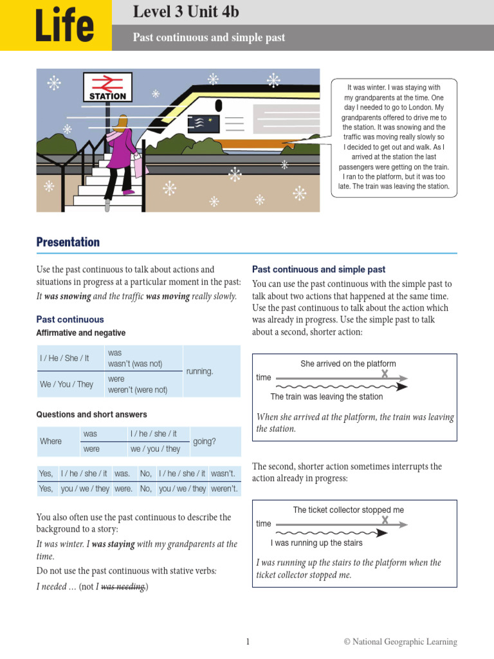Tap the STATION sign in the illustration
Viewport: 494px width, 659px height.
pyautogui.click(x=107, y=96)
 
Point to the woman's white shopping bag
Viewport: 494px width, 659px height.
pyautogui.click(x=138, y=167)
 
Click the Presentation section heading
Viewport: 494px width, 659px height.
pyautogui.click(x=68, y=242)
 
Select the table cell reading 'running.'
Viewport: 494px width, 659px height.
pyautogui.click(x=199, y=371)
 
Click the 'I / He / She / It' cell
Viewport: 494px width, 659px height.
pyautogui.click(x=64, y=358)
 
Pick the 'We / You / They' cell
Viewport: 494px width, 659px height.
pyautogui.click(x=66, y=384)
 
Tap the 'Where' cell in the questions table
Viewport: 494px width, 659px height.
pyautogui.click(x=51, y=441)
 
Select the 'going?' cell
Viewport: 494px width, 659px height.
pyautogui.click(x=205, y=441)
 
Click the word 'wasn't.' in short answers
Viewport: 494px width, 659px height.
pyautogui.click(x=223, y=474)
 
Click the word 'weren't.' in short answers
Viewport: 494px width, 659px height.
pyautogui.click(x=224, y=488)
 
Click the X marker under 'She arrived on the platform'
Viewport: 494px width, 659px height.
pyautogui.click(x=385, y=374)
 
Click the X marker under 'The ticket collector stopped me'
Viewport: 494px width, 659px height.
pyautogui.click(x=385, y=520)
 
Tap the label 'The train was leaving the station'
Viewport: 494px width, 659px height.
pyautogui.click(x=326, y=396)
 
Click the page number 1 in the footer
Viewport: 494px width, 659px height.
pyautogui.click(x=247, y=642)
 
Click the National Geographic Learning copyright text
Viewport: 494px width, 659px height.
pyautogui.click(x=400, y=642)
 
